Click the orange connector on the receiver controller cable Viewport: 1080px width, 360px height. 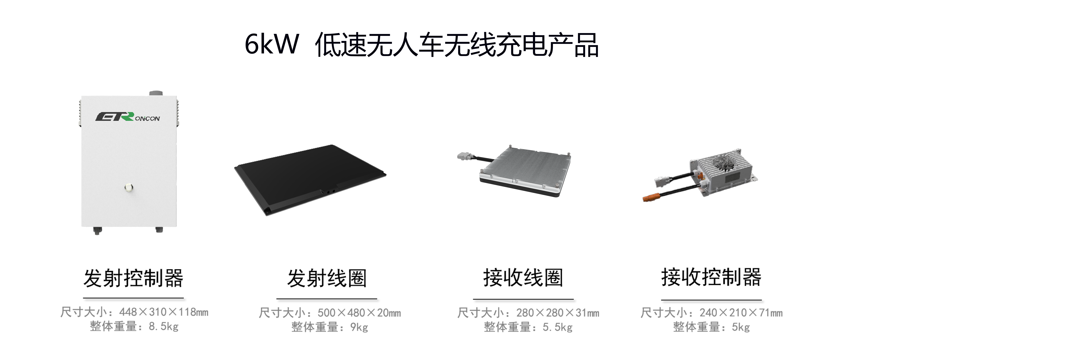tap(651, 197)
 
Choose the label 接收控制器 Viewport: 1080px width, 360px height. tap(711, 277)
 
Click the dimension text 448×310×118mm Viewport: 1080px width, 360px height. tap(164, 312)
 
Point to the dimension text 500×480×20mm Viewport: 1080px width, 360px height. tap(359, 313)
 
